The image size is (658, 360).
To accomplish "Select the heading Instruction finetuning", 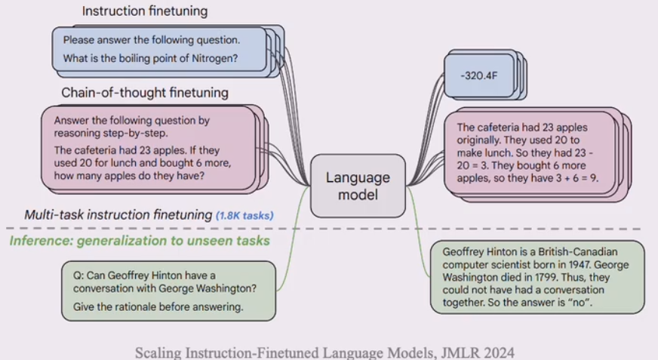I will pos(144,11).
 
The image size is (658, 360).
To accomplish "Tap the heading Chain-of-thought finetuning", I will pos(144,93).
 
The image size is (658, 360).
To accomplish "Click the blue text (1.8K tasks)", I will pos(244,216).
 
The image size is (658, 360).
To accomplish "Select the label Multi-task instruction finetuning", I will pos(118,215).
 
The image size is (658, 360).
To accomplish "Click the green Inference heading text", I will pos(140,241).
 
